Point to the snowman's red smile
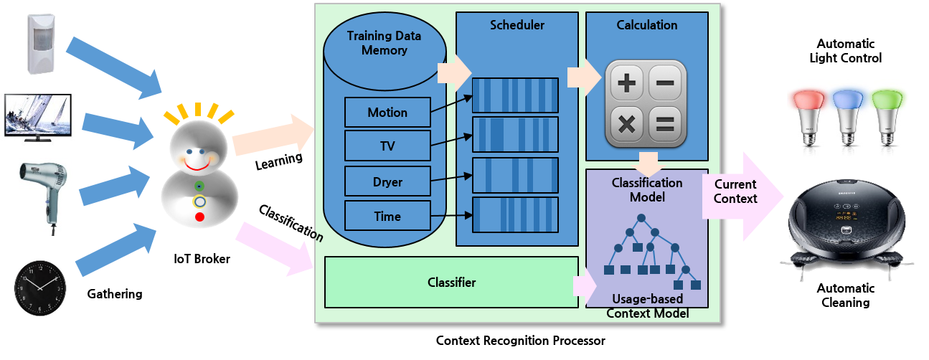196,164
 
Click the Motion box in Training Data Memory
387,113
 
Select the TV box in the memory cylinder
387,147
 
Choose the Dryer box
387,181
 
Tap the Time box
387,216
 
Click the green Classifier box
451,283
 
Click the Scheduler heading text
517,25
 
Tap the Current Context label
735,191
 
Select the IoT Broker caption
202,259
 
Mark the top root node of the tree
643,217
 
